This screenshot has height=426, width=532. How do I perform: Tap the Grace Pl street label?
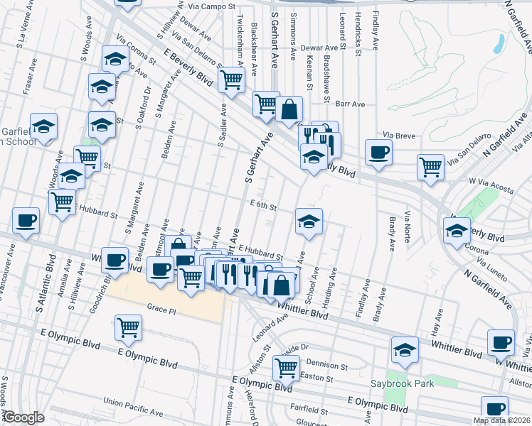161,307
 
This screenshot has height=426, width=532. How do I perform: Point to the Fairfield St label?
312,408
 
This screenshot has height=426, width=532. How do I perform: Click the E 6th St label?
262,206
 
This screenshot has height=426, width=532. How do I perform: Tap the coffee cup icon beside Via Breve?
378,151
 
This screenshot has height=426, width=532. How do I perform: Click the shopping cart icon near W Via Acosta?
430,167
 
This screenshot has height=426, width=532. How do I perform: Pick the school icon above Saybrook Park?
405,350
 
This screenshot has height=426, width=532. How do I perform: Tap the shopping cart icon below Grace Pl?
128,327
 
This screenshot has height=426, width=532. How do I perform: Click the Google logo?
24,418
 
